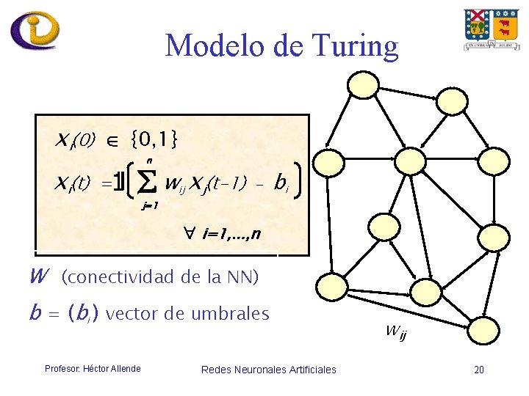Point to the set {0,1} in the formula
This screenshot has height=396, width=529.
(x=153, y=138)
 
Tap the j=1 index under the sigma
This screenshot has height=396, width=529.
(x=149, y=206)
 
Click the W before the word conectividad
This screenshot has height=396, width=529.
(x=38, y=276)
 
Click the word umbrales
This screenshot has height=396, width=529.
(x=230, y=314)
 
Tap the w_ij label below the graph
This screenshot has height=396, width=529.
(x=395, y=333)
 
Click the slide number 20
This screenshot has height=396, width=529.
(x=479, y=370)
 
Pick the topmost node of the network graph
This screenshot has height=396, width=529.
(x=362, y=84)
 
